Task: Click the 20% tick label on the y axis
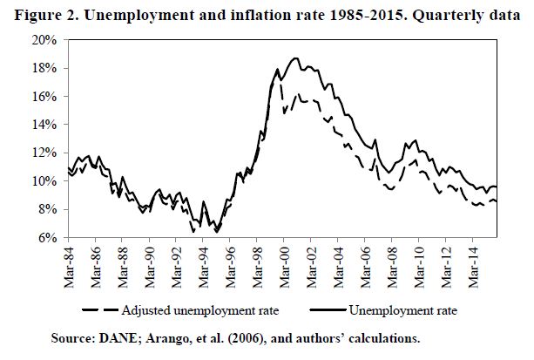45,40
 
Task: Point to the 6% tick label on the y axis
48,238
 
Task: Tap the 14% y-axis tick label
45,125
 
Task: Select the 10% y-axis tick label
45,181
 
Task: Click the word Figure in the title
31,13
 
